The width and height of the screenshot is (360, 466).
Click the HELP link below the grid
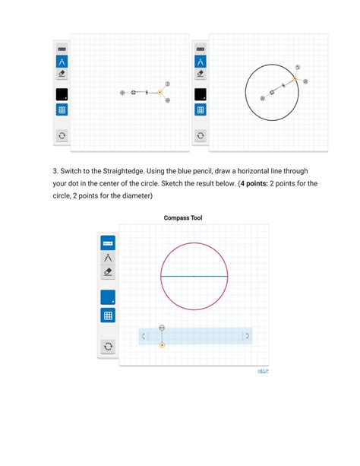tap(263, 371)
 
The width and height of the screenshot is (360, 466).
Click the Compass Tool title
tap(183, 218)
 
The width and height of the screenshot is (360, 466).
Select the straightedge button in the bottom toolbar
tap(108, 243)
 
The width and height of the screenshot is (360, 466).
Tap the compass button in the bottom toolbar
tap(108, 258)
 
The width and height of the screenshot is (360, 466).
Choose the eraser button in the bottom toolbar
tap(108, 272)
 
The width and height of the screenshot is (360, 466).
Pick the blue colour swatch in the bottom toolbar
tap(108, 297)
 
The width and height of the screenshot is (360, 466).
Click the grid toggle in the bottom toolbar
tap(108, 315)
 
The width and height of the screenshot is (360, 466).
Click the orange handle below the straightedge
tap(162, 345)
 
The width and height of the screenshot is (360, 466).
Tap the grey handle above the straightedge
tap(162, 328)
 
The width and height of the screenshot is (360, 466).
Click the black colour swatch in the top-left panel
tap(62, 94)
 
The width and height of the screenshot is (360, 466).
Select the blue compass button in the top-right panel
tap(201, 62)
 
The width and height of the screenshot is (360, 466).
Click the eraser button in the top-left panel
tap(62, 74)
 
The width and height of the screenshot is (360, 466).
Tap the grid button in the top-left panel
tap(62, 109)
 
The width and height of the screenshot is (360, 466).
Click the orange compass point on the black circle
tap(294, 78)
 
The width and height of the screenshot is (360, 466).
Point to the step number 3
tap(55, 171)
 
